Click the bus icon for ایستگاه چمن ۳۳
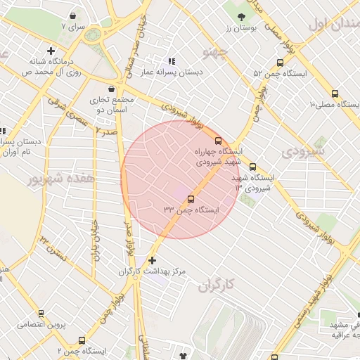coord(192,198)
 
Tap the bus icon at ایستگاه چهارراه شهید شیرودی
coord(219,140)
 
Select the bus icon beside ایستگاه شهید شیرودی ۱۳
coord(252,167)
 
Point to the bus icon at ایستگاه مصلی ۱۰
coord(334,92)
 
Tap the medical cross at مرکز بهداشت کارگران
coord(153,260)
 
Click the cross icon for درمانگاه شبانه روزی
coord(51,51)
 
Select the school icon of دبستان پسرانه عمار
coord(171,60)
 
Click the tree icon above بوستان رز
coord(242,15)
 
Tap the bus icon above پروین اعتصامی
coord(41,314)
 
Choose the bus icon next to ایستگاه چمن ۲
coord(83,340)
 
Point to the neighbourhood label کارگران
coord(214,286)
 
